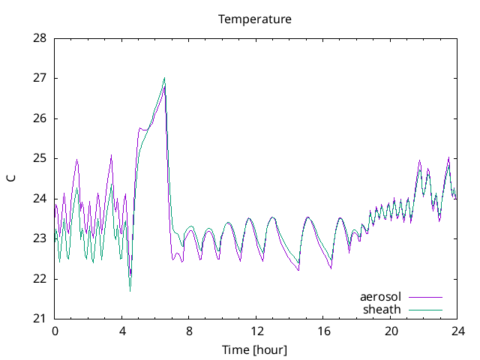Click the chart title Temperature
click(x=255, y=19)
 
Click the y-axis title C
click(x=10, y=178)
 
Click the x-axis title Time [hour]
click(x=255, y=350)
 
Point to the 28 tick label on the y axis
click(x=39, y=37)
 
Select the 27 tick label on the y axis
click(x=39, y=78)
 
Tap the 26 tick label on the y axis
click(x=39, y=118)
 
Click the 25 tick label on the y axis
click(x=39, y=158)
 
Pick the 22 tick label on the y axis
click(x=39, y=279)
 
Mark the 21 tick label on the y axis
click(x=39, y=319)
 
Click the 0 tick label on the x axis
click(x=55, y=331)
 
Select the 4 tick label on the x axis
click(x=122, y=331)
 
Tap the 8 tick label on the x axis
click(x=189, y=331)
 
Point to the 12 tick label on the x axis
click(x=256, y=331)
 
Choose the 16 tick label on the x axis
click(x=324, y=331)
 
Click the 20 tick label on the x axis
click(x=391, y=331)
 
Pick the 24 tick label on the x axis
click(x=458, y=331)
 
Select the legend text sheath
click(x=382, y=309)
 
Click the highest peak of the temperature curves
click(x=164, y=78)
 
